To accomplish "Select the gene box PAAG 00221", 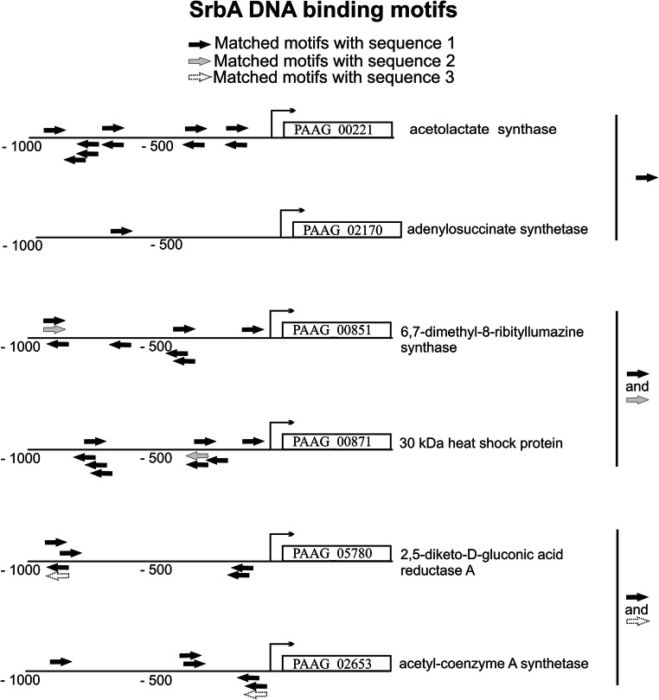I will (x=338, y=130).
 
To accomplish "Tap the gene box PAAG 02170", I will (x=347, y=229).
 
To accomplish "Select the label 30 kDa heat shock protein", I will (x=482, y=443).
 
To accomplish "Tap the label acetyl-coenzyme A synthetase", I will (x=494, y=664).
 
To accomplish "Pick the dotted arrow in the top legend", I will (x=199, y=78).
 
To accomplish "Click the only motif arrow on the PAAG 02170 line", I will (x=122, y=231).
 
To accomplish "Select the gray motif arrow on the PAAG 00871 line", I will (x=197, y=455).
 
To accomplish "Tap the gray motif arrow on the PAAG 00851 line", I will (x=54, y=329).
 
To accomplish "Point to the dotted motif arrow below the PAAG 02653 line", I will (x=256, y=691).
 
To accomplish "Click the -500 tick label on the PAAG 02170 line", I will (x=166, y=245).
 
